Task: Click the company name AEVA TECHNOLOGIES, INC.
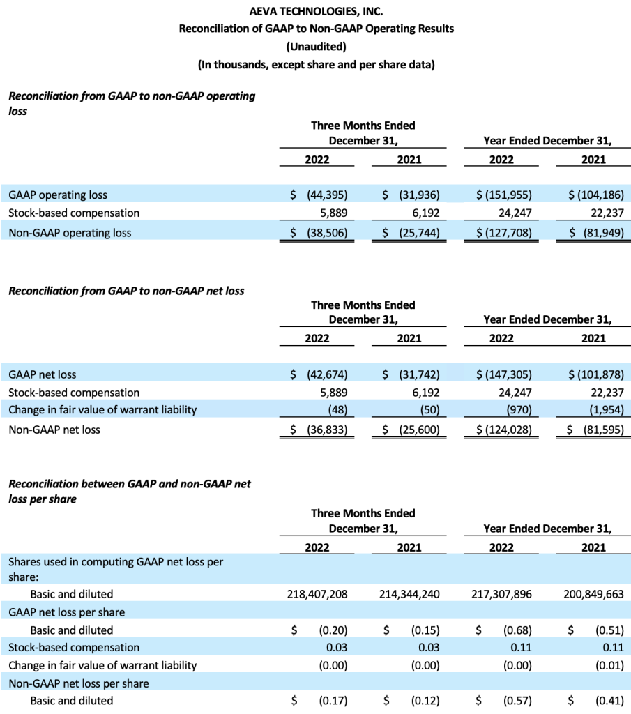coord(316,11)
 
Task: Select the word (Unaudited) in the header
coord(316,47)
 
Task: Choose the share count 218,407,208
coord(317,594)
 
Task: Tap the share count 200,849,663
coord(593,594)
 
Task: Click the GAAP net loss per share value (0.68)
coord(517,630)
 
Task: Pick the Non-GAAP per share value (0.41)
coord(609,701)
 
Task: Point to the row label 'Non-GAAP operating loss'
coord(70,233)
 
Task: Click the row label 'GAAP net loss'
coord(43,374)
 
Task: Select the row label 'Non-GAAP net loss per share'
coord(79,683)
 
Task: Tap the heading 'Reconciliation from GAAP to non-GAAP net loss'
coord(126,291)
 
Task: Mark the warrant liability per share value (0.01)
coord(609,666)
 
